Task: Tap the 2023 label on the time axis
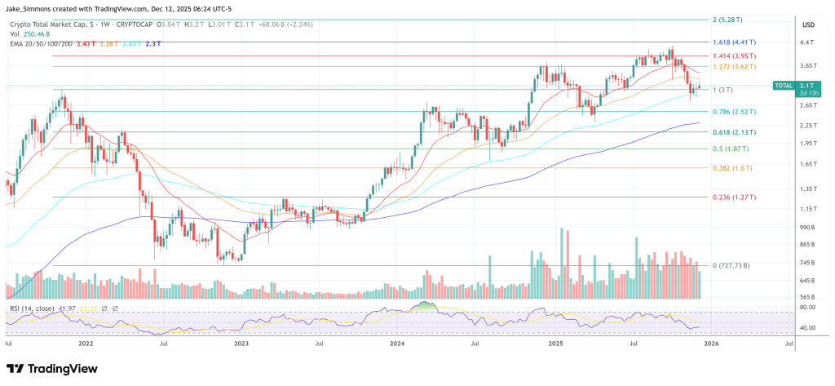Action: pyautogui.click(x=241, y=345)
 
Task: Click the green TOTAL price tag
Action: pyautogui.click(x=784, y=85)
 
